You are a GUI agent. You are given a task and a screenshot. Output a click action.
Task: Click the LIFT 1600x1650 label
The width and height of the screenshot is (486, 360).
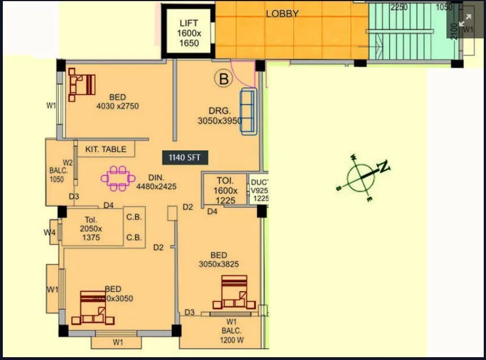click(x=189, y=33)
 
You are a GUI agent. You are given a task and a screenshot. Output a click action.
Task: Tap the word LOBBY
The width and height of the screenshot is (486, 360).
click(x=282, y=14)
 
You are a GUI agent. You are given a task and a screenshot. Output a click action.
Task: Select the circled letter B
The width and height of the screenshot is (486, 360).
click(x=224, y=79)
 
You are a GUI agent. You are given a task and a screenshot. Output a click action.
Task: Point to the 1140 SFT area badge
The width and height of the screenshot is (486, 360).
click(x=185, y=157)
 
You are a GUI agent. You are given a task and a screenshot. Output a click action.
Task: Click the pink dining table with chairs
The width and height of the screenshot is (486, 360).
click(x=118, y=179)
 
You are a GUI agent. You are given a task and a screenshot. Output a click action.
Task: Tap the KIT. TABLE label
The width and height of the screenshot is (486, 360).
click(x=106, y=150)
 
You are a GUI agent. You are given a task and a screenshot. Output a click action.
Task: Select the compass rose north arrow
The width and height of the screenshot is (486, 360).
click(x=362, y=176)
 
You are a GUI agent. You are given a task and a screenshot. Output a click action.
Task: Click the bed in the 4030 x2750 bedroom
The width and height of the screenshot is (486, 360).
click(x=82, y=85)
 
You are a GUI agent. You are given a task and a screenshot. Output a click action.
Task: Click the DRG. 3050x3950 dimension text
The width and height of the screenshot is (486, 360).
click(x=220, y=116)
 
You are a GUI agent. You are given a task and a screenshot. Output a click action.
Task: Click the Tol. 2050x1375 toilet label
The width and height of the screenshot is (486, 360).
click(x=90, y=229)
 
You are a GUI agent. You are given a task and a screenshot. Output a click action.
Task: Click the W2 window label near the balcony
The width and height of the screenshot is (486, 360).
click(x=68, y=163)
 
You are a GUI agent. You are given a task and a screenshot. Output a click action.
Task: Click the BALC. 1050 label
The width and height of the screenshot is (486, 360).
click(x=57, y=175)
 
